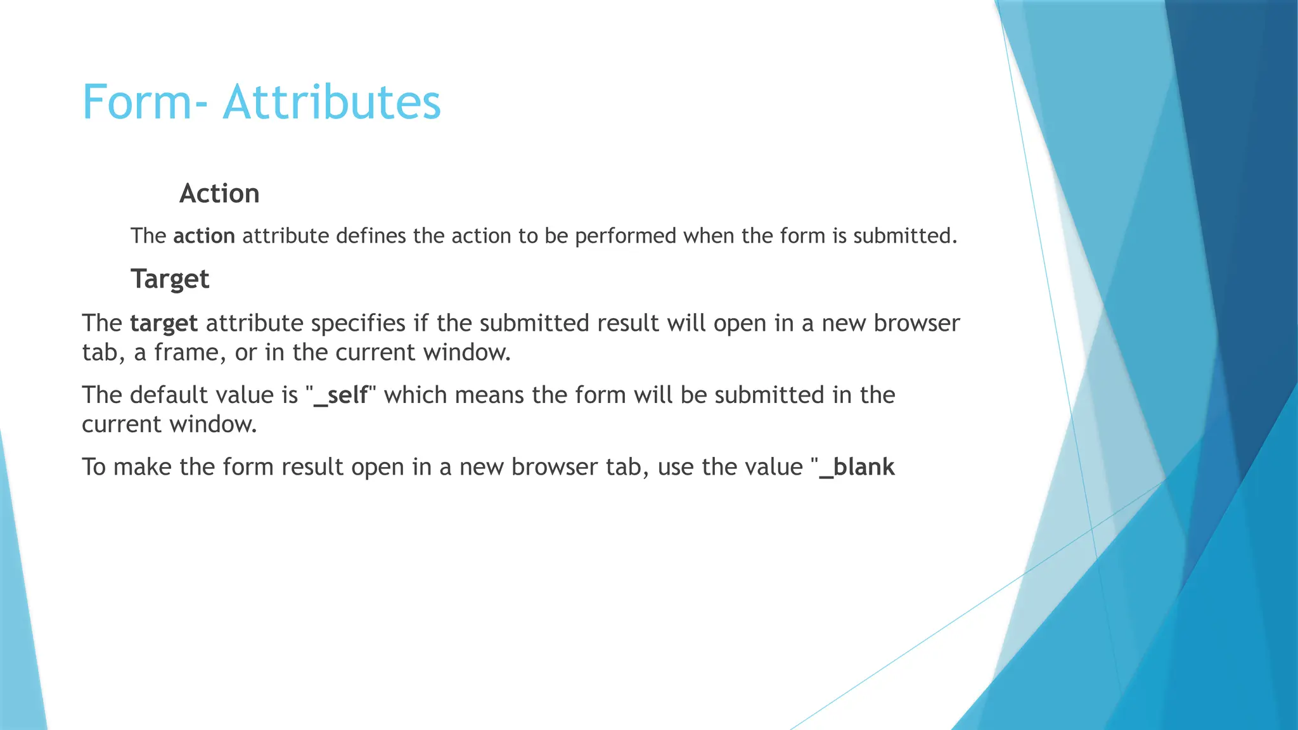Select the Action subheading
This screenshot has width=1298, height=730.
pos(219,193)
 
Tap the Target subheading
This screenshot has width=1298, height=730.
pos(170,279)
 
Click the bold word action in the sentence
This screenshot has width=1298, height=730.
pos(204,236)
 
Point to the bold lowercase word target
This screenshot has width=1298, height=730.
pos(164,324)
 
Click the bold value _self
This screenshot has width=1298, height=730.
pos(341,395)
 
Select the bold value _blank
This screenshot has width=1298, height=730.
pos(857,467)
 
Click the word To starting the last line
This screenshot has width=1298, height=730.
pos(94,467)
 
